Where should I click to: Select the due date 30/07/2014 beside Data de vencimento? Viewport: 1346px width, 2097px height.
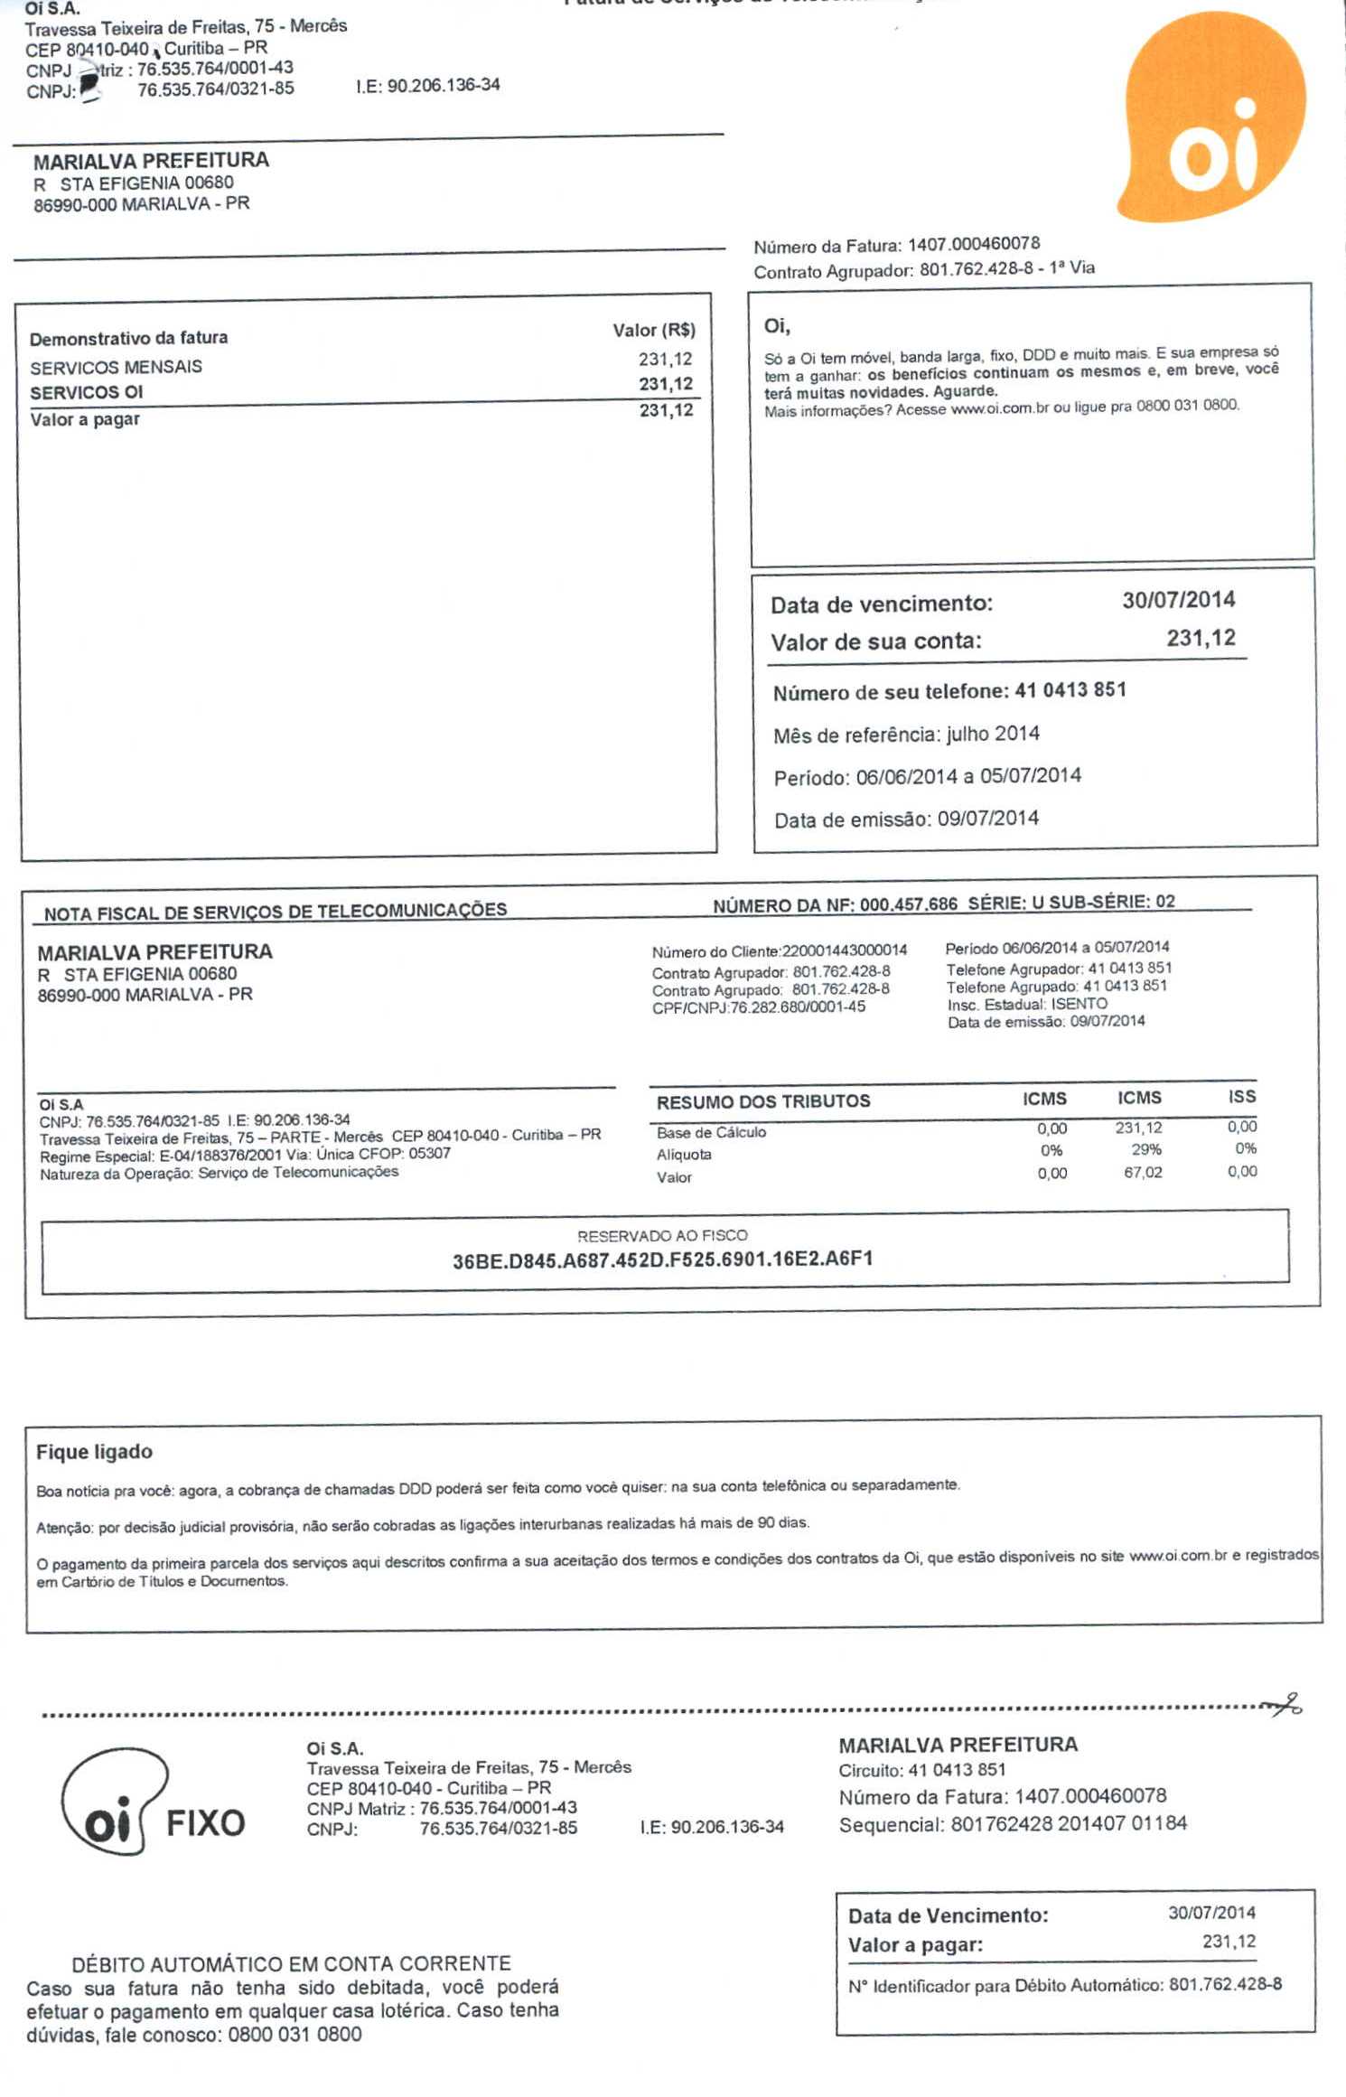point(1178,600)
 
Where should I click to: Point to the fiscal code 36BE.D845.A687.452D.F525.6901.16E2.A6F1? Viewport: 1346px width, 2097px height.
point(662,1259)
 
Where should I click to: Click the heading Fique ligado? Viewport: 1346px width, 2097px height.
point(94,1452)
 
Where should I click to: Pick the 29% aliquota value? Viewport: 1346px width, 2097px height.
point(1145,1150)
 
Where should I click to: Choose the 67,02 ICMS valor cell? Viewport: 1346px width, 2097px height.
point(1143,1173)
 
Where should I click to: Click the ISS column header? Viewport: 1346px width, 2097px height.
point(1241,1097)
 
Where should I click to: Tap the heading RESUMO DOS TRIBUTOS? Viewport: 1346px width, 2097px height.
point(763,1102)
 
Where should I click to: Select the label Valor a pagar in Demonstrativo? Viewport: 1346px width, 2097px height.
point(85,419)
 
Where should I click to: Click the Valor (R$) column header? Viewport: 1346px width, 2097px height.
point(653,331)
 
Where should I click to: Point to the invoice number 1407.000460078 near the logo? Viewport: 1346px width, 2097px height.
point(973,244)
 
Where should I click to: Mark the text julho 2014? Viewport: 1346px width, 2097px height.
point(993,734)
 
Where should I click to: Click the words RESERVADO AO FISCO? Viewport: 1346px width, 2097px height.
point(662,1235)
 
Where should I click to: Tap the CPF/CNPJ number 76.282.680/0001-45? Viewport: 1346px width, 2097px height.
point(798,1007)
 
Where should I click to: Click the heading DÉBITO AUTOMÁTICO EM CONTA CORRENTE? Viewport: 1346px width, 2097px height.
point(291,1963)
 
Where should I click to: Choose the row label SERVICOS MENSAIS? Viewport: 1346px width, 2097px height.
point(116,368)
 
